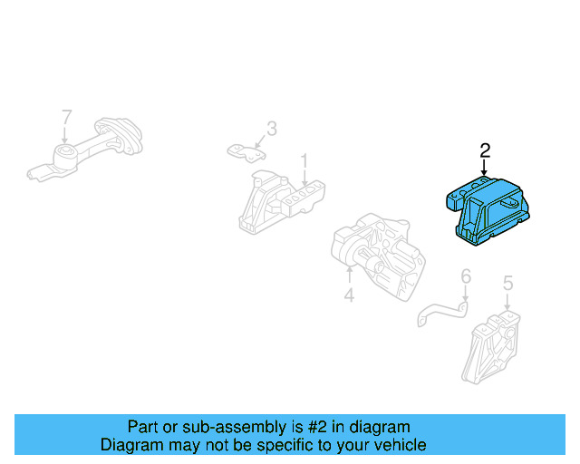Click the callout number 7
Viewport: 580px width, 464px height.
point(65,116)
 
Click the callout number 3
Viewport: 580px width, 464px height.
point(271,128)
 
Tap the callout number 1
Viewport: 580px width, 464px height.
point(305,160)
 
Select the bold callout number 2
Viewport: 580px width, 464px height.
point(485,150)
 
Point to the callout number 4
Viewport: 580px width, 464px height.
point(349,295)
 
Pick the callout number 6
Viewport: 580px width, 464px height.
point(466,275)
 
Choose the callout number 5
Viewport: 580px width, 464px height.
point(507,284)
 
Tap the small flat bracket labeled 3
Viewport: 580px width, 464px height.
point(245,150)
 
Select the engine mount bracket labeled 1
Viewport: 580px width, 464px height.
point(277,204)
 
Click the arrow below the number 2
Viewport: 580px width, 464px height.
point(485,167)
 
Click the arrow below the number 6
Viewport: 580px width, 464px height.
point(465,295)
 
